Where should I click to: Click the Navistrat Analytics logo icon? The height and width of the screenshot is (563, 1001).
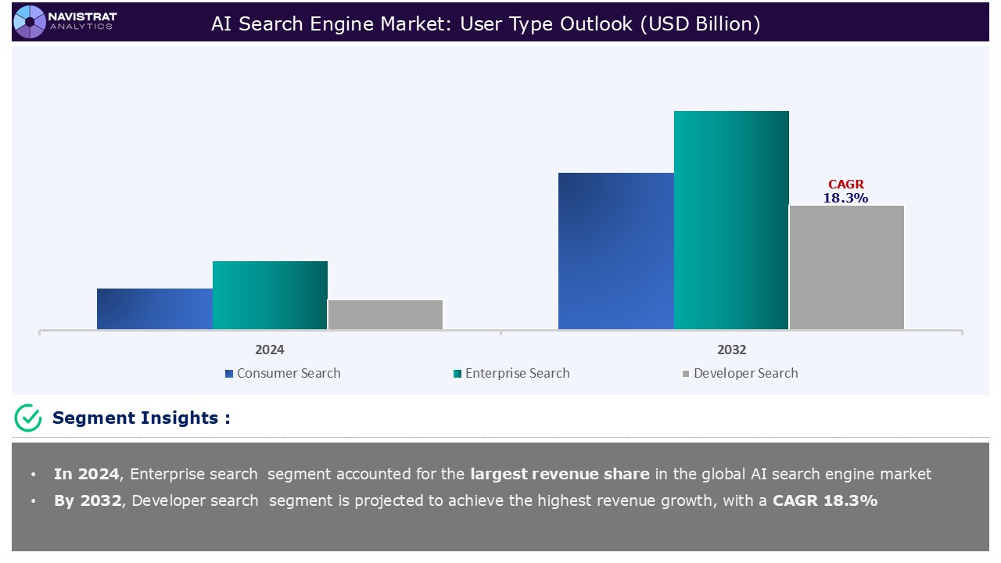30,21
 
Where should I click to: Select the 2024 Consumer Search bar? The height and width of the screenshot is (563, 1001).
155,309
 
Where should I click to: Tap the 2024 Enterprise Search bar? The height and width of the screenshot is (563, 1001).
270,295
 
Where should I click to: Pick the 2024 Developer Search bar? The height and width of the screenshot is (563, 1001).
385,314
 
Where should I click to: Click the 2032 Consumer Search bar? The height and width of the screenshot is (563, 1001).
615,250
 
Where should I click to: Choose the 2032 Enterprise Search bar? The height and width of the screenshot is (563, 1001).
731,220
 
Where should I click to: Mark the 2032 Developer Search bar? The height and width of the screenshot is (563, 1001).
846,267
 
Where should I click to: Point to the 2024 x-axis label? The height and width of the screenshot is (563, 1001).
270,350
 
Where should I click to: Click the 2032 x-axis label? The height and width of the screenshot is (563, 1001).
731,350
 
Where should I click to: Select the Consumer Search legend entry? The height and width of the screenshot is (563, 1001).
282,374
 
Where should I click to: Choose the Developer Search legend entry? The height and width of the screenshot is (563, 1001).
740,374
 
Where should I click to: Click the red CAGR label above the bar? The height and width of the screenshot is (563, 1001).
846,185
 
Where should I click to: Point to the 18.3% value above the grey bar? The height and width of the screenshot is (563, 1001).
845,199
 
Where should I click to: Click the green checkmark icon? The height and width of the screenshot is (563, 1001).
28,418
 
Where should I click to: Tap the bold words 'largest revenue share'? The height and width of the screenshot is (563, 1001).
559,474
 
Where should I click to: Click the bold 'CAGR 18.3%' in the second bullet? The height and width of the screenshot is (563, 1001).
825,500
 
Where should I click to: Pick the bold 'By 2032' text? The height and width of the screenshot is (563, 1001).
88,500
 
